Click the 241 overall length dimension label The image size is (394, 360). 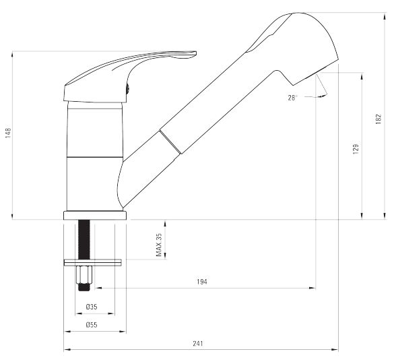[x=198, y=343]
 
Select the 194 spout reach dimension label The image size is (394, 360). [x=202, y=282]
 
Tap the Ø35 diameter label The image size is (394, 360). [x=92, y=307]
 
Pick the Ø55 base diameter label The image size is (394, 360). [x=92, y=325]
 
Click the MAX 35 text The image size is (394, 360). [x=159, y=245]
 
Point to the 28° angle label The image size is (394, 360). [x=292, y=98]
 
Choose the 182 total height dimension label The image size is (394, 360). [x=379, y=119]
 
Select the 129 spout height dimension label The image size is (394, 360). [x=356, y=149]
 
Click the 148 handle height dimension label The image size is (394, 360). [x=8, y=133]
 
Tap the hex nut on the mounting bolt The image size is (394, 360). [x=84, y=274]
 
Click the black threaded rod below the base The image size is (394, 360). [x=84, y=239]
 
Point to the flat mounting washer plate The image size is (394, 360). [x=93, y=262]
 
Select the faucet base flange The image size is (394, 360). [x=95, y=216]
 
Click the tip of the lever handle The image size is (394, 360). [x=196, y=53]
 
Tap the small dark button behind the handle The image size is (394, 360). [x=128, y=89]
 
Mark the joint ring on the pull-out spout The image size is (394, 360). [x=170, y=142]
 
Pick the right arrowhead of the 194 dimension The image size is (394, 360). [x=313, y=288]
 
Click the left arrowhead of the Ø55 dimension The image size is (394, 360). [x=67, y=332]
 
